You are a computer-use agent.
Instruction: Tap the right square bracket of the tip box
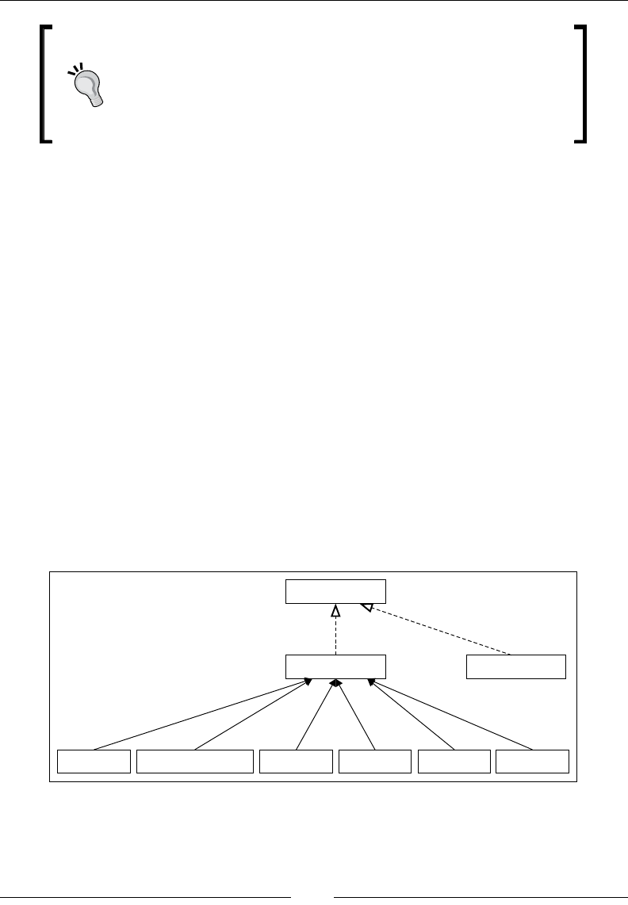(x=584, y=84)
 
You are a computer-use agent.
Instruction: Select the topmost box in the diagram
(x=335, y=592)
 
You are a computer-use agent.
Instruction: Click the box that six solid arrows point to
(x=335, y=667)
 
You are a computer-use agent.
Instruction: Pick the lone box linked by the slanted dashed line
(x=516, y=667)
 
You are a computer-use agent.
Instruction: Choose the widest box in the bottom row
(x=195, y=761)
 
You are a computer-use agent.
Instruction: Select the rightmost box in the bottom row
(x=532, y=761)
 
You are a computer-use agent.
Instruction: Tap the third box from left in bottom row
(x=296, y=761)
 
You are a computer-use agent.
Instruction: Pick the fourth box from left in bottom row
(x=375, y=761)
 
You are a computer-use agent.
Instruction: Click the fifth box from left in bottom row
(x=454, y=761)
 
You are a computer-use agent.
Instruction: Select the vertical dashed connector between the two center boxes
(x=335, y=638)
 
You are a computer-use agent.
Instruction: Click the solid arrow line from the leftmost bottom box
(x=198, y=714)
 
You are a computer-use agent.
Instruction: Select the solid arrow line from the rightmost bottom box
(x=452, y=714)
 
